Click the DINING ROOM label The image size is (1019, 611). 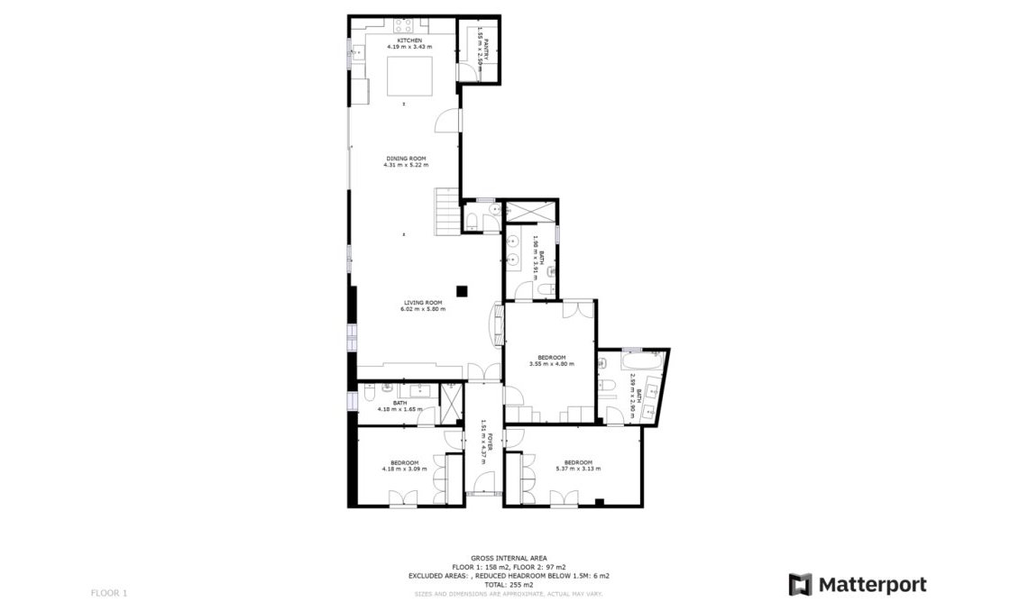(x=406, y=159)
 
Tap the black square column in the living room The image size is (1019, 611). (x=462, y=290)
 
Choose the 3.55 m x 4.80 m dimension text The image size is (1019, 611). (x=551, y=363)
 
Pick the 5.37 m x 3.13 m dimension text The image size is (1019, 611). (x=577, y=468)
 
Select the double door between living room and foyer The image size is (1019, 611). (x=485, y=371)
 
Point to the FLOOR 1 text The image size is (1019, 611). (x=109, y=593)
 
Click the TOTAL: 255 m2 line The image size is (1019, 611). (x=509, y=584)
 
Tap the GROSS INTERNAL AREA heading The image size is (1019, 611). (x=509, y=559)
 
